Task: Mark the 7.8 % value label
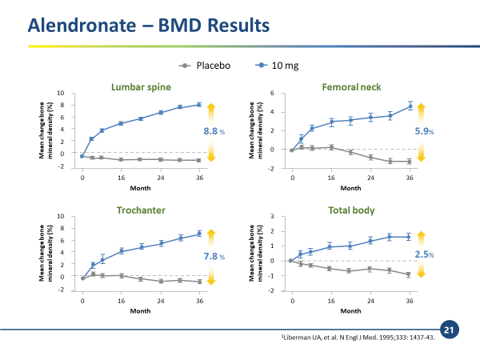(x=212, y=256)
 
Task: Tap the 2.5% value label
(x=423, y=255)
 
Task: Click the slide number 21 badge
(x=448, y=328)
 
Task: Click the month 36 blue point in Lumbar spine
(x=199, y=105)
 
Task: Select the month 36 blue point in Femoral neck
(x=410, y=106)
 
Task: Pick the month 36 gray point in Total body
(x=410, y=274)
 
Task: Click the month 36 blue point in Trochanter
(x=199, y=234)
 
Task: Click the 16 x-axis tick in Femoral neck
(x=331, y=176)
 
